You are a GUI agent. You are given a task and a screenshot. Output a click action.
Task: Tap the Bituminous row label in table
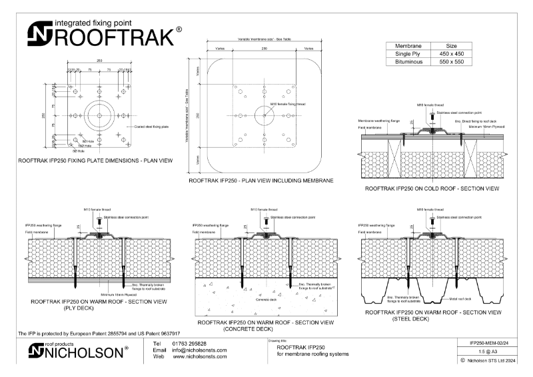411,61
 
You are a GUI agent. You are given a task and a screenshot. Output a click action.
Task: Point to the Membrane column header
411,45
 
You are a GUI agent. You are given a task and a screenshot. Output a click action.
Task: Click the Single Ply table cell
411,53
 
